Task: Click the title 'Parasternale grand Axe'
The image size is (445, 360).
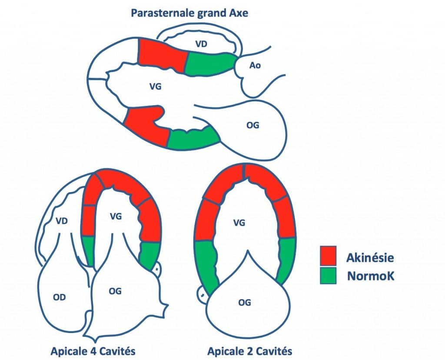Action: click(189, 13)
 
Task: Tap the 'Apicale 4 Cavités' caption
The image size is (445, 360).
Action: click(93, 351)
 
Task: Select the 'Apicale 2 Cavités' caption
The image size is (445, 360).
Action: click(250, 351)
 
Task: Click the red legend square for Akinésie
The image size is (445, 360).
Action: click(328, 256)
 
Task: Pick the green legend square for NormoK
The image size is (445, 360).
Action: click(328, 275)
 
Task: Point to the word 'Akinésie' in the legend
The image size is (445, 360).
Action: click(370, 257)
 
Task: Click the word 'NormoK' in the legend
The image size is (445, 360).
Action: click(371, 276)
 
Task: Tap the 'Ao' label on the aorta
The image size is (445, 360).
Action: click(255, 65)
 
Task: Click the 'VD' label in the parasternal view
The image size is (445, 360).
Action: click(201, 44)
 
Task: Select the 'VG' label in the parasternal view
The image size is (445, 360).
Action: click(155, 87)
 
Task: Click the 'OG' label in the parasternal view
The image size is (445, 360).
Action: click(252, 125)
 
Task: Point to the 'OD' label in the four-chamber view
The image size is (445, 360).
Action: click(59, 297)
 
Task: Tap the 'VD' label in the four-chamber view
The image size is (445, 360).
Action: click(62, 220)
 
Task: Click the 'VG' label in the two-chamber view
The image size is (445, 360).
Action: click(239, 223)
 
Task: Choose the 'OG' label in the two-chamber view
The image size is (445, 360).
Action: click(244, 303)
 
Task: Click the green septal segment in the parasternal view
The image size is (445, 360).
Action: click(211, 64)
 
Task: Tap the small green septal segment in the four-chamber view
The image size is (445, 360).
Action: click(89, 250)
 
